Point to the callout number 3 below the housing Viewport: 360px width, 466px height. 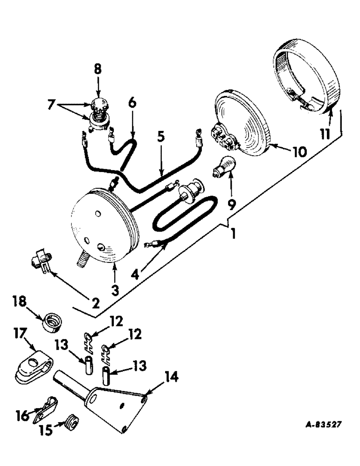pyautogui.click(x=115, y=290)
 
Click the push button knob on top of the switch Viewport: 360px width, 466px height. pyautogui.click(x=98, y=103)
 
